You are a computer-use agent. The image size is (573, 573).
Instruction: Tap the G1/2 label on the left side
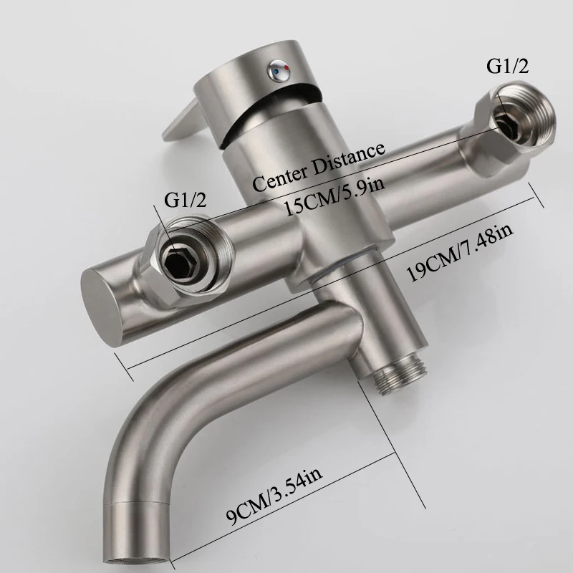tap(186, 200)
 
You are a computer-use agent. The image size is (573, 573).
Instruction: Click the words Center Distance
tap(319, 165)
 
